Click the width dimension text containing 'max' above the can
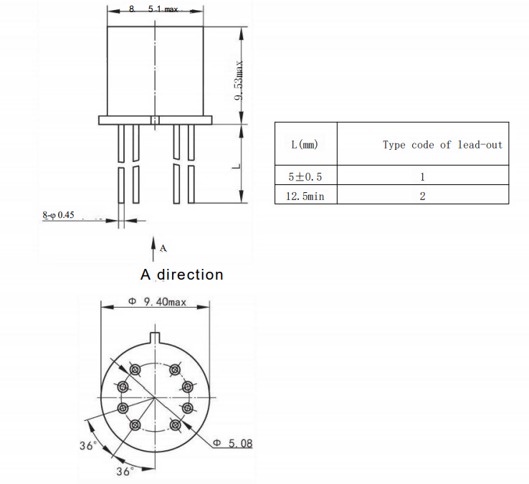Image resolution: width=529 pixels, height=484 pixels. click(154, 9)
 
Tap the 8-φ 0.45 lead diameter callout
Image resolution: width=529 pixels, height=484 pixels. click(58, 214)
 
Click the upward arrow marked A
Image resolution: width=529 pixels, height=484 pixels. click(153, 248)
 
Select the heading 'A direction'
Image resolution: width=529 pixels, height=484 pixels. click(182, 275)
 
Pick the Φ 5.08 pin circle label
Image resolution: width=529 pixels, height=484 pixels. click(233, 444)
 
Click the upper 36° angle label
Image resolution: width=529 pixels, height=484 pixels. click(87, 445)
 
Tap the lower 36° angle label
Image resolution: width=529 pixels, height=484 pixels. click(125, 471)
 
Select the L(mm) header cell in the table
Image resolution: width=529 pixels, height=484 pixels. click(305, 144)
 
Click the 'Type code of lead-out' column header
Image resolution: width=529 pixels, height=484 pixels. click(442, 144)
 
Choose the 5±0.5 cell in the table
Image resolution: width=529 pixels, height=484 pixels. click(305, 176)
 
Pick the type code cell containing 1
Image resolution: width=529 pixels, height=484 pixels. click(423, 176)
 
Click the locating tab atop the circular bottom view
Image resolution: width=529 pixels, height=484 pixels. click(154, 336)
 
